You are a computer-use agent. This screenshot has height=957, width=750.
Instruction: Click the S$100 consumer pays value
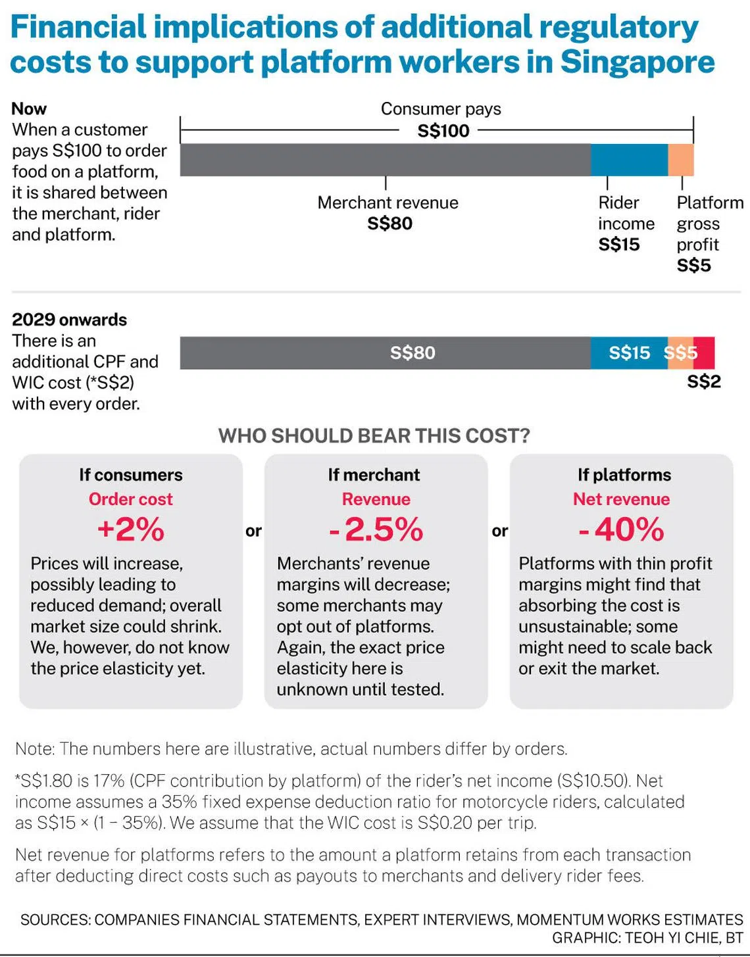pos(443,130)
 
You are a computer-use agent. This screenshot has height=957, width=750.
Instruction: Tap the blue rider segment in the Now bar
pos(629,160)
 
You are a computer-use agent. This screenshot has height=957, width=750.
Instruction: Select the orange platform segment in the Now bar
pos(681,160)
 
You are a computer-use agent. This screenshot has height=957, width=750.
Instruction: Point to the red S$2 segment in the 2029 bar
pos(705,353)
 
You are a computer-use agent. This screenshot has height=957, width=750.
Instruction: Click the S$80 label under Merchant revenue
pos(389,224)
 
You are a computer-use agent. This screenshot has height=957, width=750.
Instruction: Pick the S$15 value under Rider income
pos(618,245)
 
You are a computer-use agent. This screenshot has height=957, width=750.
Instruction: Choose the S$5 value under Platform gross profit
pos(693,266)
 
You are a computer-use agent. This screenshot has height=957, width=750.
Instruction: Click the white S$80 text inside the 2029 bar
pos(413,353)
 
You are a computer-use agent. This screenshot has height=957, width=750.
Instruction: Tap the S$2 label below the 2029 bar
pos(704,381)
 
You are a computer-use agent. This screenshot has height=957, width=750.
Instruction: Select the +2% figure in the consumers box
pos(130,529)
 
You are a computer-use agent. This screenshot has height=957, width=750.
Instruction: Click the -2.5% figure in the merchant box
pos(376,529)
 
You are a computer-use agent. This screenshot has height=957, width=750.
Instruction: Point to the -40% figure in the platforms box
pos(622,529)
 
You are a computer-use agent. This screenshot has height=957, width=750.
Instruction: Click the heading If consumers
pos(131,475)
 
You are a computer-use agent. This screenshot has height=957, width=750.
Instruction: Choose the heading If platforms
pos(624,475)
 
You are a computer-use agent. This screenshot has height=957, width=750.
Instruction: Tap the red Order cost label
pos(130,499)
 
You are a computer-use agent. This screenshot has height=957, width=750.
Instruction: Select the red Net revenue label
pos(621,499)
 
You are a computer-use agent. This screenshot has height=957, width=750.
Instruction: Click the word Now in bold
pos(29,109)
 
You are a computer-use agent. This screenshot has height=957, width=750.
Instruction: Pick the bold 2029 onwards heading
pos(69,320)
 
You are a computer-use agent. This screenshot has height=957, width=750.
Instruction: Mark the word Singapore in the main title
pos(637,62)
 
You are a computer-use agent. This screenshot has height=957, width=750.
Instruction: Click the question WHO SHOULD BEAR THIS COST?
pos(374,436)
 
